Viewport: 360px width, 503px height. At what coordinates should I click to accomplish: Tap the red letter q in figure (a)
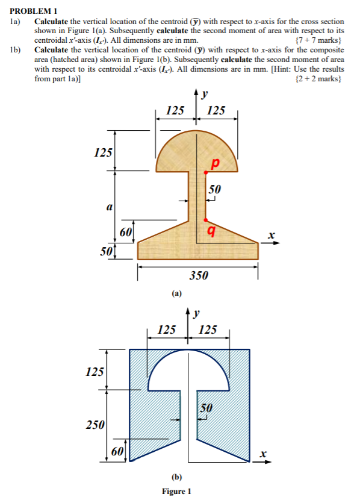(x=211, y=230)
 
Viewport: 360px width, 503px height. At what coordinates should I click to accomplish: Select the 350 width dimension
(x=199, y=276)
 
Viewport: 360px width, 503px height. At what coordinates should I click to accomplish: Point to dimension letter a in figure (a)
(x=108, y=206)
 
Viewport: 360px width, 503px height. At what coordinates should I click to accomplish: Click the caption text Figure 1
(x=176, y=491)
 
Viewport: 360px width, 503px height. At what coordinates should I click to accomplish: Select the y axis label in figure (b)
(x=205, y=313)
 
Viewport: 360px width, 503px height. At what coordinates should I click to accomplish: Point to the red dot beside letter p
(x=205, y=173)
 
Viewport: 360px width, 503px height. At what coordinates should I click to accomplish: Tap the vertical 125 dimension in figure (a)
(x=104, y=153)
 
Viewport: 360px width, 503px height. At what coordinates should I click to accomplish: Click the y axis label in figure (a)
(x=205, y=94)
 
